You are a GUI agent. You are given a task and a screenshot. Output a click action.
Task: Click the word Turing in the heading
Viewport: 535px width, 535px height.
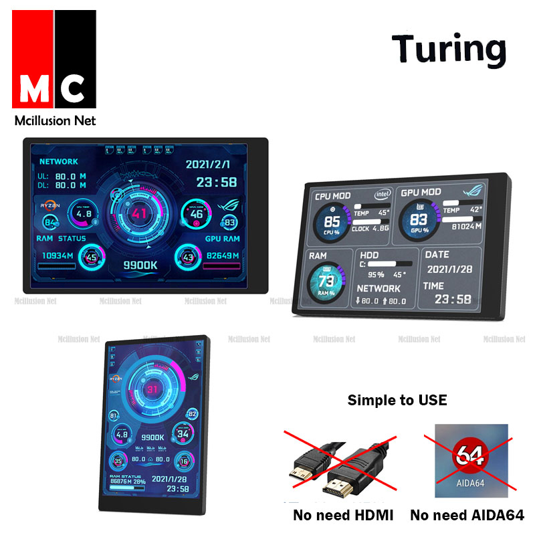(448, 49)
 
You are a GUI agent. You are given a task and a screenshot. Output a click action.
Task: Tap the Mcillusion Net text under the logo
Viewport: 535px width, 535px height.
(56, 121)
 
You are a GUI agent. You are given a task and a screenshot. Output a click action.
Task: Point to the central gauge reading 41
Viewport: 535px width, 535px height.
(140, 214)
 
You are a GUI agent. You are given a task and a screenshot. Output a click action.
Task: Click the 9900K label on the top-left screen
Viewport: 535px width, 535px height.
(140, 265)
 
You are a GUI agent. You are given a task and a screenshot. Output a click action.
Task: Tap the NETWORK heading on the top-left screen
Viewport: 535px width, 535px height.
(59, 162)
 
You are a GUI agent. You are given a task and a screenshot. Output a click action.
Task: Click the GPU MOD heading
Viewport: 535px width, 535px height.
(421, 193)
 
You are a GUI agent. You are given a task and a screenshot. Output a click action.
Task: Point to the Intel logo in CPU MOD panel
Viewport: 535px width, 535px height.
(382, 194)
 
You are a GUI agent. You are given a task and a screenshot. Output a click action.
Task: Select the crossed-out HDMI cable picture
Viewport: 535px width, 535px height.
(337, 468)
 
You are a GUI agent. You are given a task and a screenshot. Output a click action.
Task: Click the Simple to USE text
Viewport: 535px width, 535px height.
(397, 401)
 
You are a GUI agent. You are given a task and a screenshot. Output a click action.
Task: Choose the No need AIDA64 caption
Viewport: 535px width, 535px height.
(467, 516)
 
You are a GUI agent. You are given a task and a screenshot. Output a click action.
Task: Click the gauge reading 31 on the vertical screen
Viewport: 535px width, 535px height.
(153, 389)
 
